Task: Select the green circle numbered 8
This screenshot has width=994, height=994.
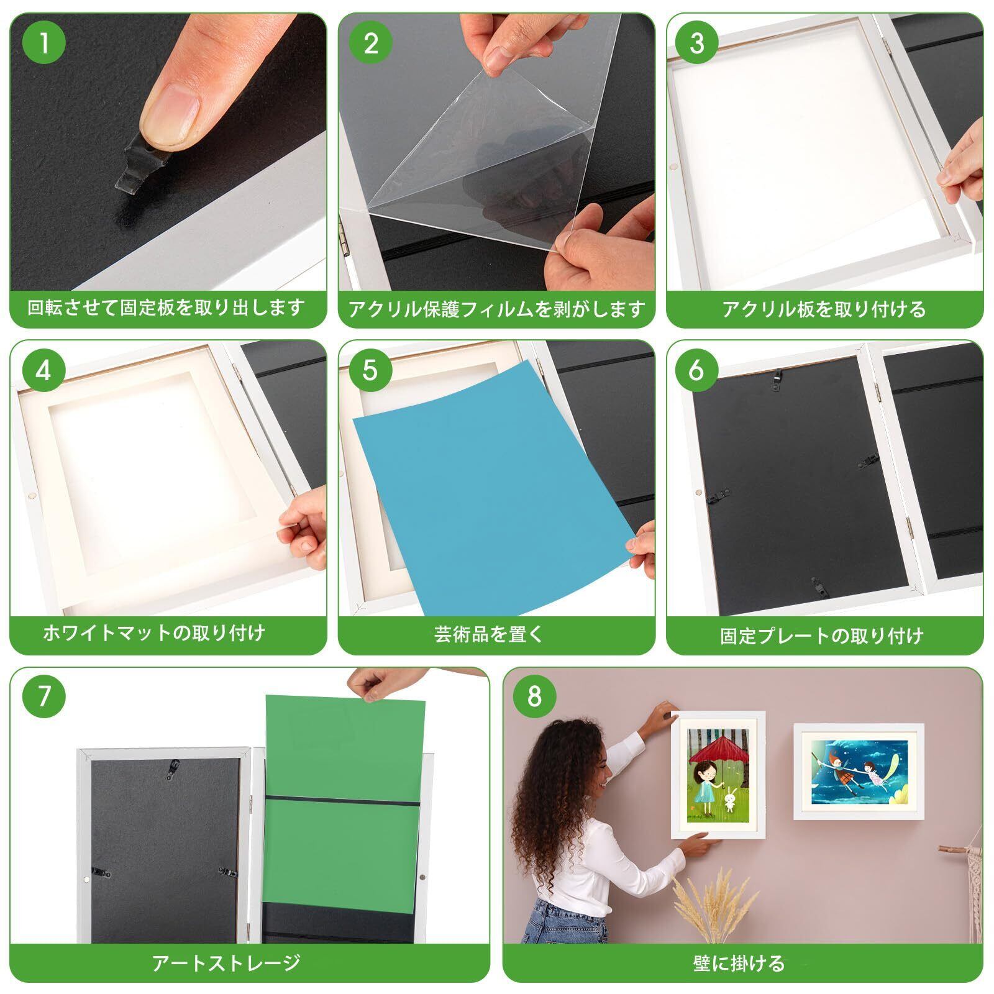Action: coord(534,697)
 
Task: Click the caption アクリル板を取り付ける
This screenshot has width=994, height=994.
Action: coord(824,309)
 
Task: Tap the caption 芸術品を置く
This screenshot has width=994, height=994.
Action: coord(489,634)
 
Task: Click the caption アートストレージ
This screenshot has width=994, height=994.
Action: coord(227,963)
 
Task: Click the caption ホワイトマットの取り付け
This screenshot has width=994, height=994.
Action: coord(154,633)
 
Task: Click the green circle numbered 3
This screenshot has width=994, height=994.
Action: coord(698,43)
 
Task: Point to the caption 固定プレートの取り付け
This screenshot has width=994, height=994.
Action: coord(822,636)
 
